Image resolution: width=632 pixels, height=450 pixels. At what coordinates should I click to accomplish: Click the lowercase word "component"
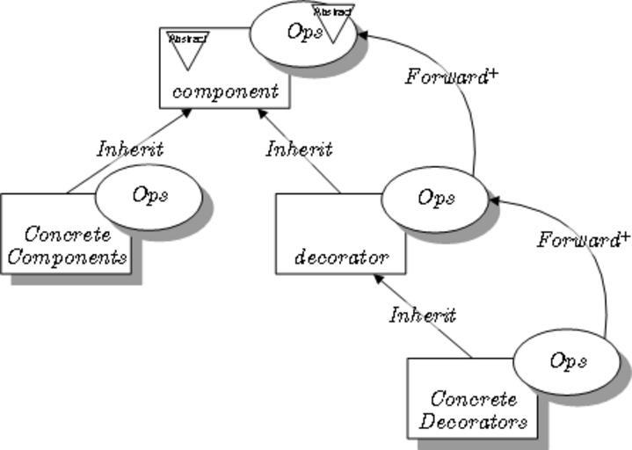(x=226, y=91)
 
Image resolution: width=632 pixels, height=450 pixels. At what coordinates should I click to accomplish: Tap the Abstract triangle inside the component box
(x=186, y=48)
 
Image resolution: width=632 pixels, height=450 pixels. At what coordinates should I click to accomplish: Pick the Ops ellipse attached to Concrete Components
(x=149, y=196)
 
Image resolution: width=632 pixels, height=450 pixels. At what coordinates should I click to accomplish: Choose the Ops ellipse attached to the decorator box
(x=434, y=200)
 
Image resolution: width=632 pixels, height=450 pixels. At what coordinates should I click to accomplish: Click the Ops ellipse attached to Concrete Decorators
(x=566, y=361)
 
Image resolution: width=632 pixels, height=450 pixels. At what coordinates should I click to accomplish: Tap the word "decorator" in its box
(x=341, y=258)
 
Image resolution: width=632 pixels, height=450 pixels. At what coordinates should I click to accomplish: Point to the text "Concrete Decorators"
(x=474, y=410)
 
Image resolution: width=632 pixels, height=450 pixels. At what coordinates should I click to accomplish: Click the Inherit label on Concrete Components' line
(x=130, y=149)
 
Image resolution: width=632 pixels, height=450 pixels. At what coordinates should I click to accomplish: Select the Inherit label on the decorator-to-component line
(x=299, y=149)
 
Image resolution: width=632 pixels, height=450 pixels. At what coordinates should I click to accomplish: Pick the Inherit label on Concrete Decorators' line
(x=423, y=314)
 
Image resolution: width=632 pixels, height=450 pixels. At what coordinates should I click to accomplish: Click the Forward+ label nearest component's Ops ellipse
(x=452, y=77)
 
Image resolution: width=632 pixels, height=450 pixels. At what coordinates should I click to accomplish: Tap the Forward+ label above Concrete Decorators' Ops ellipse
(x=585, y=239)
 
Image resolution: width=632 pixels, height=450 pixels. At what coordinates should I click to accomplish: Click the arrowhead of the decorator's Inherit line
(x=261, y=112)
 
